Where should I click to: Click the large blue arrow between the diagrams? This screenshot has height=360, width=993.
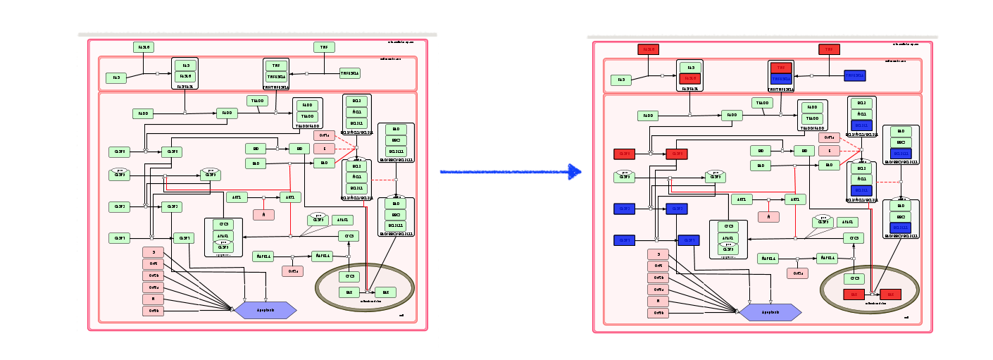tap(511, 171)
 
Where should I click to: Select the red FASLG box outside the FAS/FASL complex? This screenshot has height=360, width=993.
tap(648, 49)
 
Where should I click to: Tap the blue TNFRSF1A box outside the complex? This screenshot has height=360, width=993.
tap(855, 75)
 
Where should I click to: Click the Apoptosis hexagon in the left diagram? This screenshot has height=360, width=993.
tap(265, 310)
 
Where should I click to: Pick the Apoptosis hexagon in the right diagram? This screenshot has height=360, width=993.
tap(770, 311)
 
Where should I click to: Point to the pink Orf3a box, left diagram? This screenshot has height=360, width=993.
tap(153, 287)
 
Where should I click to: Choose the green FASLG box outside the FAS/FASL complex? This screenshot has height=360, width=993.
tap(143, 47)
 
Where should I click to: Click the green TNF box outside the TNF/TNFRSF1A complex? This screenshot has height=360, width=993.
tap(324, 47)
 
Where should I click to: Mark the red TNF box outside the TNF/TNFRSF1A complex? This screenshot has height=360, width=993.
tap(829, 49)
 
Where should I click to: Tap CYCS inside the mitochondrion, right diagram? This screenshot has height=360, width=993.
tap(854, 278)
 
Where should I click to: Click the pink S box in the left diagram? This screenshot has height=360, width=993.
tap(153, 252)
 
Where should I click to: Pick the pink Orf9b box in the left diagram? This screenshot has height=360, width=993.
tap(153, 311)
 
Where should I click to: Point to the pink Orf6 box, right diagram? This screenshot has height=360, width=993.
tap(658, 266)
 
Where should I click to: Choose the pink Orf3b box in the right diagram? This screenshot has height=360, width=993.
tap(658, 278)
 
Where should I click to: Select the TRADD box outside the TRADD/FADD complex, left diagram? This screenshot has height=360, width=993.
tap(257, 101)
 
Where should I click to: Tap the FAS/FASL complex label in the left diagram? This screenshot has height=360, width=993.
tap(185, 87)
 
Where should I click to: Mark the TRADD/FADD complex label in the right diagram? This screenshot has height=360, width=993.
tap(812, 129)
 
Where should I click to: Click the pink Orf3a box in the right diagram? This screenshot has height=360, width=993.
tap(658, 290)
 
